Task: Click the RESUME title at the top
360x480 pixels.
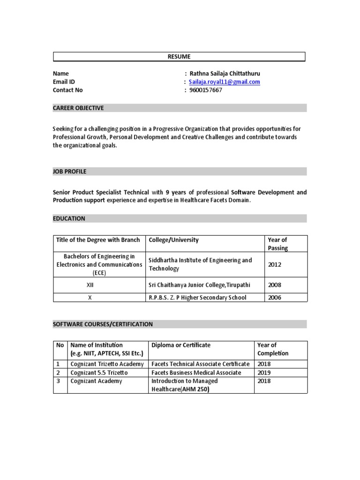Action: point(179,57)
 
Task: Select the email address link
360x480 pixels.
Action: point(225,82)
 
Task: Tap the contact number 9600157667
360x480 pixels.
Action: point(206,90)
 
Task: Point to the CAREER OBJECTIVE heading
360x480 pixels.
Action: point(78,108)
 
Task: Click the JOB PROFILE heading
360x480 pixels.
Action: point(69,172)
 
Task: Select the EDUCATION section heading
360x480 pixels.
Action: point(69,218)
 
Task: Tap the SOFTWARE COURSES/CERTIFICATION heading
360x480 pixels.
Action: point(103,324)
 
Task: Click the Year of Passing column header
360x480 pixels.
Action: point(277,244)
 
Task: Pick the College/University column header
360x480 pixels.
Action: point(173,240)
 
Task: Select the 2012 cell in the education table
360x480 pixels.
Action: point(275,264)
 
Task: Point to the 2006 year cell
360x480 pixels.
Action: point(275,298)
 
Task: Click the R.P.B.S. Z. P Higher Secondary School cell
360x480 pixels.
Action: point(197,298)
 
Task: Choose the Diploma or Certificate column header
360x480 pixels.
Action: point(181,345)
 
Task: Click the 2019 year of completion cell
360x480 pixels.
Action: point(264,373)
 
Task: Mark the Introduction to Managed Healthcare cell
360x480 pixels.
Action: point(185,385)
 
